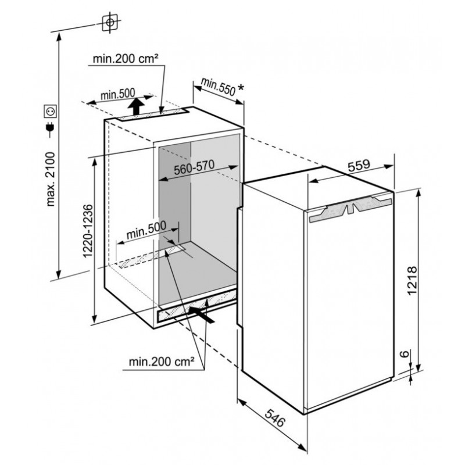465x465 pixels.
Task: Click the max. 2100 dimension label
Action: coord(51,179)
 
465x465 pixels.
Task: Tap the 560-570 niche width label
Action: coord(194,167)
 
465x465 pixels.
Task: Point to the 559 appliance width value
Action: coord(359,165)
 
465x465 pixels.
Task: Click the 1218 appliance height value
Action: coord(412,281)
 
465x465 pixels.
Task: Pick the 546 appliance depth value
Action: coord(274,418)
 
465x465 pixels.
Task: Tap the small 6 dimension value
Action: coord(405,354)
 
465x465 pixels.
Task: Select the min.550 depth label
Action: coord(218,86)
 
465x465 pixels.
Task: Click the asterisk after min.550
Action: coord(241,88)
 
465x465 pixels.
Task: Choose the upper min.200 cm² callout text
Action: coord(126,59)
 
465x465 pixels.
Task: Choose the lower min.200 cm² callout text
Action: coord(162,362)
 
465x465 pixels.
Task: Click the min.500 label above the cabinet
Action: coord(117,94)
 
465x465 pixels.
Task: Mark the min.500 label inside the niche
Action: coord(146,230)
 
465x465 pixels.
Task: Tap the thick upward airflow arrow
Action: coord(137,106)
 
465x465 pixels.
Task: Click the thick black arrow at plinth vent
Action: coord(202,315)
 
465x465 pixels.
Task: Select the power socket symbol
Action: coord(50,111)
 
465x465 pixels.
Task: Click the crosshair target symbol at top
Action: coord(110,23)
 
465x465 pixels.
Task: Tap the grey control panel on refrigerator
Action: coord(350,209)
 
